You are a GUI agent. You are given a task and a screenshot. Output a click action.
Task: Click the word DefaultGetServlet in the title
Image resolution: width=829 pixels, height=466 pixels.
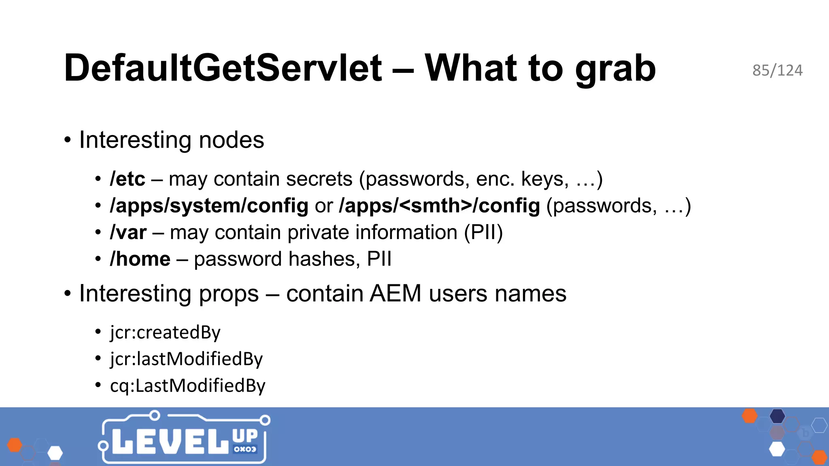coord(223,68)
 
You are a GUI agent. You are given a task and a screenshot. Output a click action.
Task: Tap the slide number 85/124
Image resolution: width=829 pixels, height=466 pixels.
coord(777,70)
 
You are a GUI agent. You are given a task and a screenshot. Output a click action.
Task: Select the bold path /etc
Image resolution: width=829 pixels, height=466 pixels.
coord(127,179)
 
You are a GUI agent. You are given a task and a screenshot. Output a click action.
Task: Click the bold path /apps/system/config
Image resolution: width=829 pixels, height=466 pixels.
coord(209,206)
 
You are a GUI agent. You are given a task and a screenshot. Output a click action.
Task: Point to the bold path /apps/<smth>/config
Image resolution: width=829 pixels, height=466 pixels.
coord(440,206)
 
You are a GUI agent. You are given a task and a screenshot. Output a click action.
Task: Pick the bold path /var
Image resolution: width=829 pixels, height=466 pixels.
coord(128,233)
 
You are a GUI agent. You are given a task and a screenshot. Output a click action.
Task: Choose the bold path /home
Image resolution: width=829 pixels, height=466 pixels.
coord(140,259)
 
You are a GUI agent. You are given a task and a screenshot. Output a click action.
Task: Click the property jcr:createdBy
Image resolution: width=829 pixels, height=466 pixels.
coord(165,333)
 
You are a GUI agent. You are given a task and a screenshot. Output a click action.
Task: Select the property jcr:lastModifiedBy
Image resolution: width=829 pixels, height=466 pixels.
coord(186,359)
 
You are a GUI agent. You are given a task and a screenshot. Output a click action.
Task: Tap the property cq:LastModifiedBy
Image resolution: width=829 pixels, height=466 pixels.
coord(187,386)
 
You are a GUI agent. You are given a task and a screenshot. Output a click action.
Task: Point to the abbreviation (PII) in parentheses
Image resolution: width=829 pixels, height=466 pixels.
coord(483,233)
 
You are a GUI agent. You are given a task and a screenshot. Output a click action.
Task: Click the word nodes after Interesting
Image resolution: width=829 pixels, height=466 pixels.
coord(231,140)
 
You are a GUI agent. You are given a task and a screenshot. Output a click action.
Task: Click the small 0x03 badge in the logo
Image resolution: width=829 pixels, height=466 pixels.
coord(245,449)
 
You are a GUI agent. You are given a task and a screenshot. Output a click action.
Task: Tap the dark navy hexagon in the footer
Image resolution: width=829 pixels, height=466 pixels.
coord(777,416)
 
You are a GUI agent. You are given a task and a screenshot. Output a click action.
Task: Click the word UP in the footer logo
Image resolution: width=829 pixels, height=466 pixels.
coord(245,436)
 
